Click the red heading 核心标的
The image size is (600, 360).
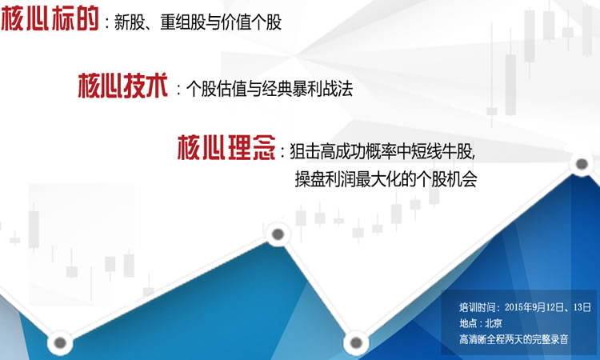click(x=50, y=18)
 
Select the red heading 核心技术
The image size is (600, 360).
click(x=123, y=86)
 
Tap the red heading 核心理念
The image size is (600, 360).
click(x=226, y=147)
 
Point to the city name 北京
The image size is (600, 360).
click(x=494, y=323)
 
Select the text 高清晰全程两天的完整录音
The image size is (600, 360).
click(x=514, y=339)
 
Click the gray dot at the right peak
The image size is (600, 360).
click(x=582, y=164)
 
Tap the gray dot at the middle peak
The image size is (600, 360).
click(x=278, y=234)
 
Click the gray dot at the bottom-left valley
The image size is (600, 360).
click(x=60, y=342)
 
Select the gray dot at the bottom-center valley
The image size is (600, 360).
click(x=356, y=342)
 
